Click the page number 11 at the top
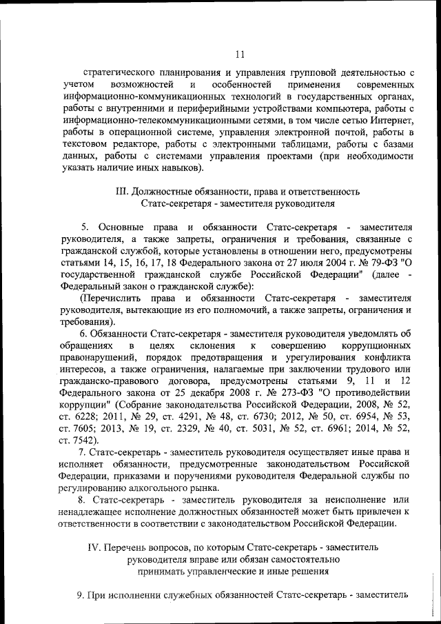point(239,55)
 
